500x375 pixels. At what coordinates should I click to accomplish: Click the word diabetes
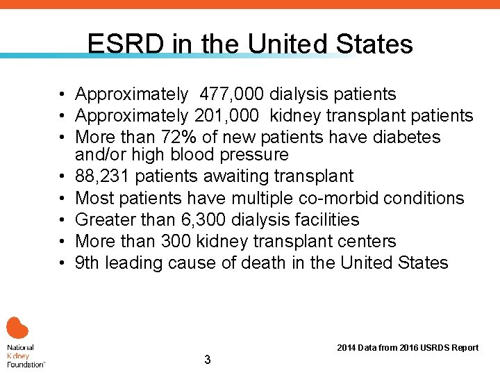(406, 137)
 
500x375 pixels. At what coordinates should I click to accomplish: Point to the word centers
(366, 242)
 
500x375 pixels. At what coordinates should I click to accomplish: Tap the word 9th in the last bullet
(87, 263)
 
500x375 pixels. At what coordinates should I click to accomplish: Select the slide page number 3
(207, 360)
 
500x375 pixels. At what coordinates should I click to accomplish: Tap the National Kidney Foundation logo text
(25, 355)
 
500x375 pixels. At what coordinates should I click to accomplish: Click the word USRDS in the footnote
(432, 348)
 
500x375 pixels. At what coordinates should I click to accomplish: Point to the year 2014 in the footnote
(347, 348)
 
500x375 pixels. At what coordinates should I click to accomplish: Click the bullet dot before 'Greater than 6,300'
(62, 220)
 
